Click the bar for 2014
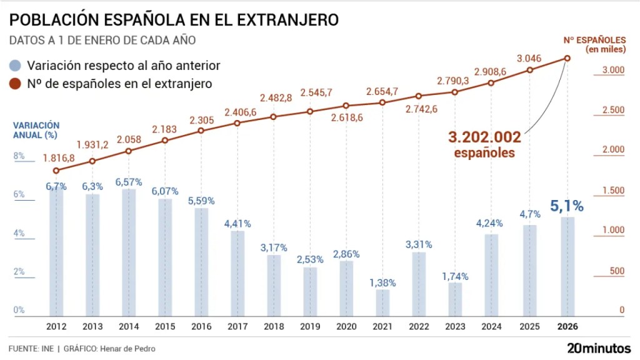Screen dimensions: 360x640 point(129,251)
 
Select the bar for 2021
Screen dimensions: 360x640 point(382,302)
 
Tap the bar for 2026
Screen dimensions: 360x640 point(567,266)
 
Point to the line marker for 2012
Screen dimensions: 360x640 point(56,171)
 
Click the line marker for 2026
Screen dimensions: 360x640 point(567,59)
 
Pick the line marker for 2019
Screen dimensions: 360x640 point(310,112)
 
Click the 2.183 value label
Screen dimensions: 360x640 point(165,129)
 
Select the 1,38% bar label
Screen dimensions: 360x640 point(382,282)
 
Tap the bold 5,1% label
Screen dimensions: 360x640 point(567,206)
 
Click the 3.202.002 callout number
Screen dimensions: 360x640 point(484,137)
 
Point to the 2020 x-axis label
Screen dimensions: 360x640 point(346,326)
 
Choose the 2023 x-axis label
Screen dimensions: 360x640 point(455,326)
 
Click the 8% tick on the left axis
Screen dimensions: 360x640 point(19,156)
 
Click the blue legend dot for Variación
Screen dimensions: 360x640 point(16,65)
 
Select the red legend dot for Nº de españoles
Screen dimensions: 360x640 point(16,83)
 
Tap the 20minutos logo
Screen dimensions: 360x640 point(599,347)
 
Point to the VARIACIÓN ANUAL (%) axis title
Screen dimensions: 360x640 point(36,130)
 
